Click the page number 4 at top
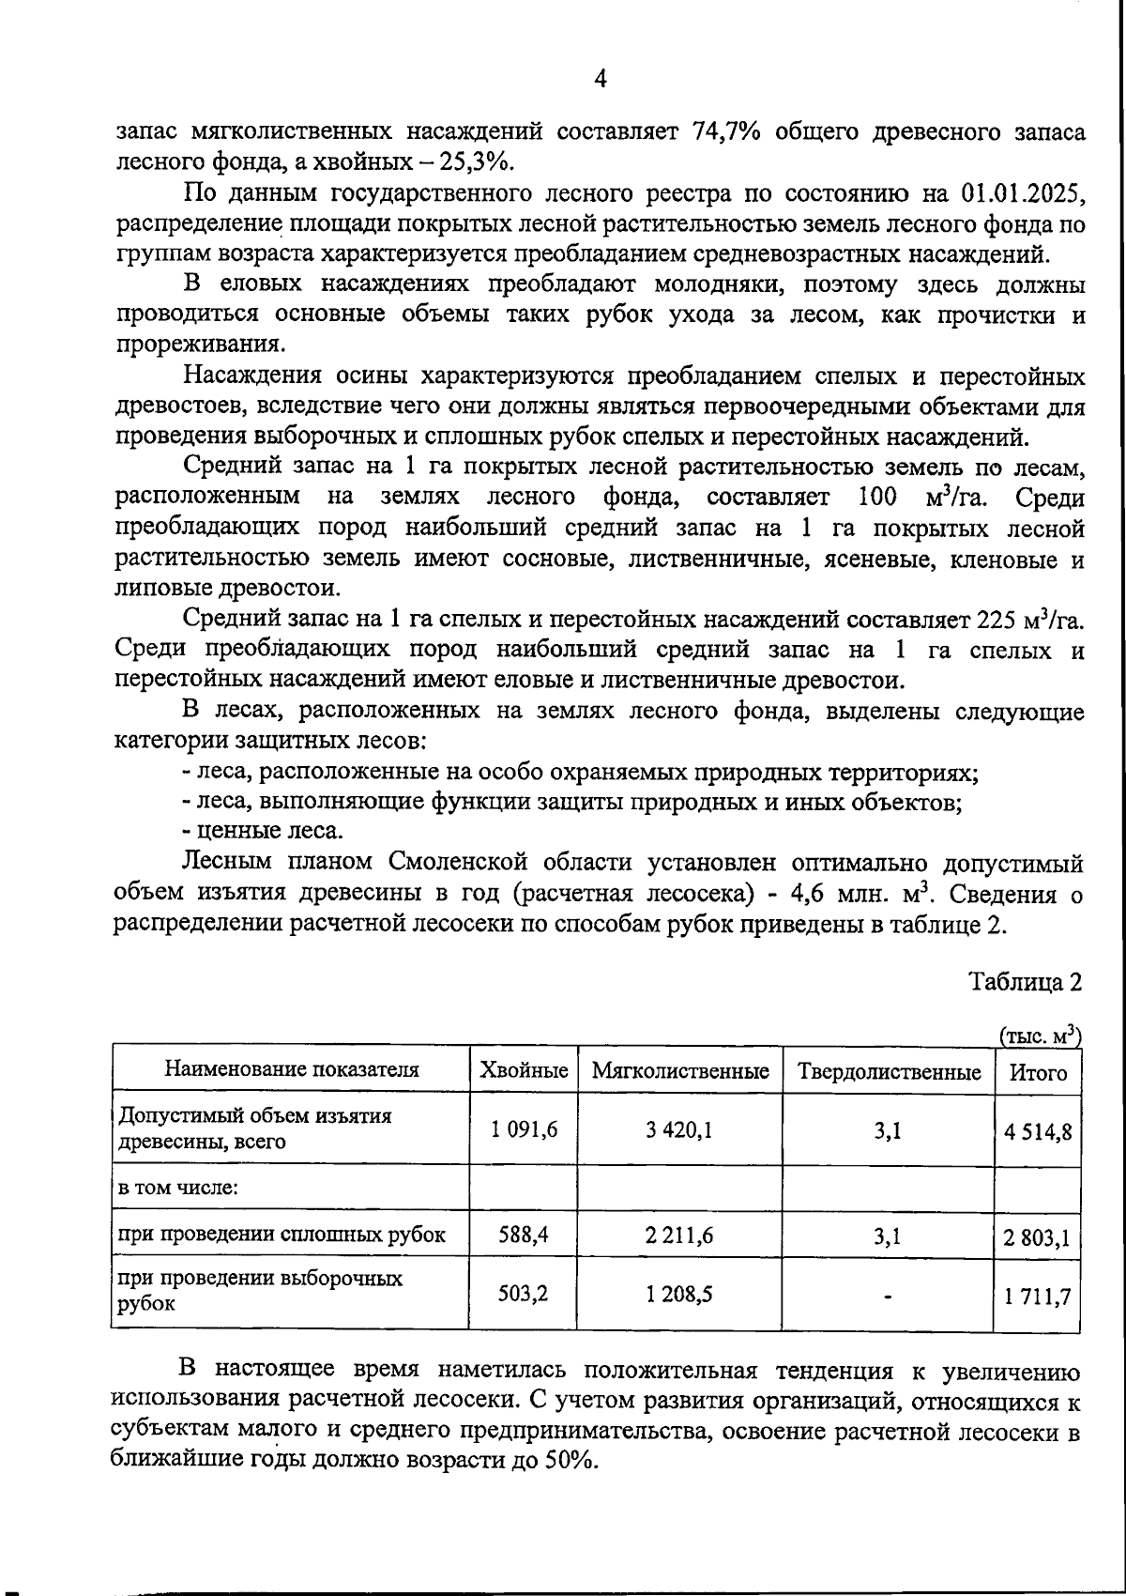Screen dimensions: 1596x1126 (x=601, y=80)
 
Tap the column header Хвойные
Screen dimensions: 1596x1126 (x=524, y=1070)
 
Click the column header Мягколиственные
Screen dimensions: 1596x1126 (x=680, y=1070)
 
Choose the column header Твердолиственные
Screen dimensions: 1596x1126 (x=889, y=1071)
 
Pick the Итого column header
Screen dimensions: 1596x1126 (x=1038, y=1071)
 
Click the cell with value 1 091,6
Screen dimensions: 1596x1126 (x=524, y=1129)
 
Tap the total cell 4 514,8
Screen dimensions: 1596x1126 (x=1038, y=1131)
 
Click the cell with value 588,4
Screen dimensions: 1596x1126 (x=524, y=1235)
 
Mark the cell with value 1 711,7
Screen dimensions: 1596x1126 (x=1038, y=1298)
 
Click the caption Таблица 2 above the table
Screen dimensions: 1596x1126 (x=1026, y=982)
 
